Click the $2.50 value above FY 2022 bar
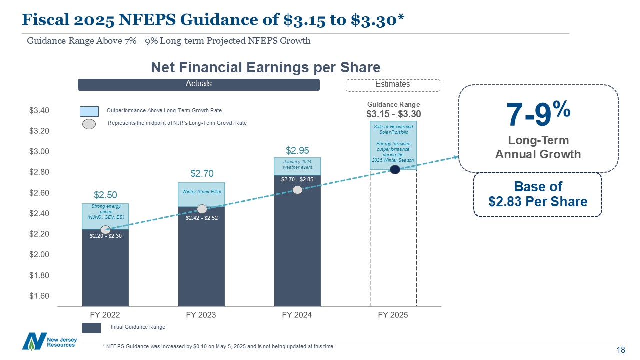tap(105, 194)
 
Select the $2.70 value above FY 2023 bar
tap(202, 174)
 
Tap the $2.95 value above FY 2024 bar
tap(297, 150)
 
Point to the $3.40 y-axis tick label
tap(39, 110)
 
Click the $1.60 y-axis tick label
tap(39, 296)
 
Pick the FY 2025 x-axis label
tap(393, 315)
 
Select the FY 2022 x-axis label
tap(105, 315)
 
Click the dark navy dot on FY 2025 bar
tap(395, 169)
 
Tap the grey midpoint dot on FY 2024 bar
tap(297, 190)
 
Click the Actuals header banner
tap(198, 84)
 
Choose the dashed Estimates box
tap(393, 85)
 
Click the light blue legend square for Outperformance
tap(89, 110)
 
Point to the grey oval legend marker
tap(89, 124)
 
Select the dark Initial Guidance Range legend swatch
tap(91, 328)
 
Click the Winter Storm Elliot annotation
tap(201, 192)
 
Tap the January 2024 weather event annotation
tap(297, 164)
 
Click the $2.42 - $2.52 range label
tap(201, 218)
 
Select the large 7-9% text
tap(538, 114)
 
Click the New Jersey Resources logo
tap(49, 341)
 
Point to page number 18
tap(621, 350)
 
